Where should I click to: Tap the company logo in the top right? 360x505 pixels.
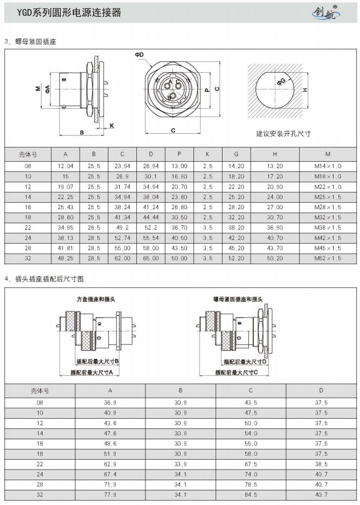coord(326,12)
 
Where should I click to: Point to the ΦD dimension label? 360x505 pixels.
coord(140,55)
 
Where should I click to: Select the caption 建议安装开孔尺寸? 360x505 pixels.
coord(283,133)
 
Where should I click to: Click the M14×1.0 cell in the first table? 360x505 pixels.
coord(328,166)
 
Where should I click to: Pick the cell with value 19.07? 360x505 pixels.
coord(65,185)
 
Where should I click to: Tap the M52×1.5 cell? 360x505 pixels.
coord(328,259)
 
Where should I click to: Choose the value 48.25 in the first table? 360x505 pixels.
coord(65,259)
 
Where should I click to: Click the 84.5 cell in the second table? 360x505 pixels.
coord(251,495)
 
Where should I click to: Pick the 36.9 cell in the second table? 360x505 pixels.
coord(110,403)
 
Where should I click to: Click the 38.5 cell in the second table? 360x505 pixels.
coord(321,464)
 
